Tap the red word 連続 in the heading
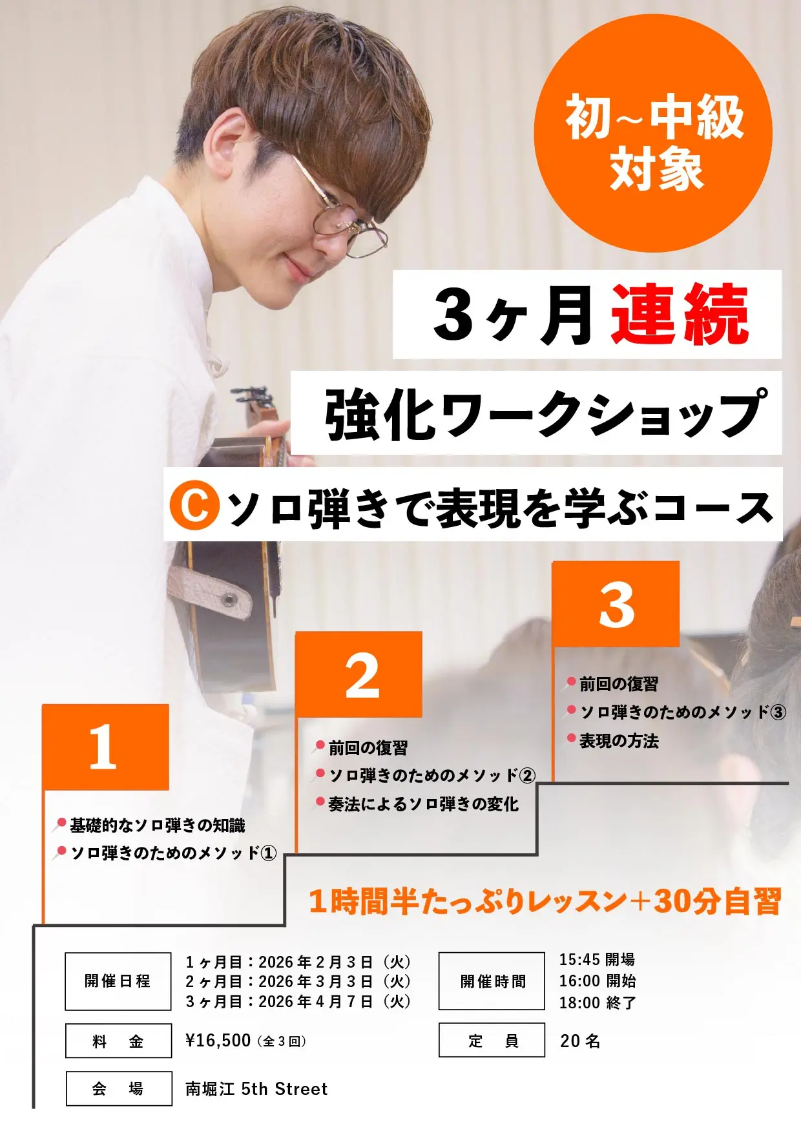[x=680, y=315]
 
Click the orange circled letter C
[x=191, y=507]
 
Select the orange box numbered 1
[x=105, y=747]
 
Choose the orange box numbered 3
[x=616, y=604]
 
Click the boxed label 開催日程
[x=118, y=981]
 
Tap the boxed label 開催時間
[x=492, y=981]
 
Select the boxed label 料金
[x=118, y=1041]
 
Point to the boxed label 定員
[x=492, y=1040]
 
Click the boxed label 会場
[x=118, y=1088]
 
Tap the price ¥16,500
[x=218, y=1041]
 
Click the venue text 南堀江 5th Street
[x=256, y=1089]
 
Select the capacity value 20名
[x=580, y=1041]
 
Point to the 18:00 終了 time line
[x=598, y=1003]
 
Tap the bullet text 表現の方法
[x=618, y=741]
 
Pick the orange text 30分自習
[x=717, y=902]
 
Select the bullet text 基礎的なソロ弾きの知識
[x=157, y=826]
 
